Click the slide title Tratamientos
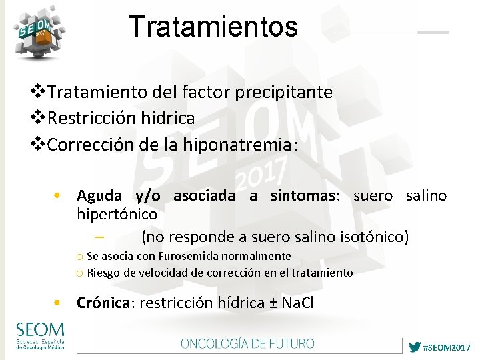[213, 27]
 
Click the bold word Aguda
[99, 196]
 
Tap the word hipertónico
[117, 214]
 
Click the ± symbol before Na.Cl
[273, 303]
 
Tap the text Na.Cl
[298, 303]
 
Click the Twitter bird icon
[415, 347]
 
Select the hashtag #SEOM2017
[447, 347]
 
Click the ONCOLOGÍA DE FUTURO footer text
[247, 344]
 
